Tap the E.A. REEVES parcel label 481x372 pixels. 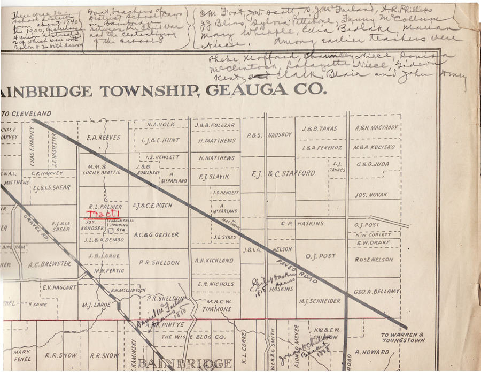click(103, 138)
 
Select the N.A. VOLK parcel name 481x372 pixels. click(160, 125)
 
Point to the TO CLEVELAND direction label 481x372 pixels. click(27, 113)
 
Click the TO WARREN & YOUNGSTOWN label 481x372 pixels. click(402, 337)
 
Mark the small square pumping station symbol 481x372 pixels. click(110, 231)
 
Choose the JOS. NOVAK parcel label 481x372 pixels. click(370, 195)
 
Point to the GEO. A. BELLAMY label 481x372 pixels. click(376, 291)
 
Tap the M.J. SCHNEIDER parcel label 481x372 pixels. click(320, 301)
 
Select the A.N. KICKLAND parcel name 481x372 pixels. click(214, 261)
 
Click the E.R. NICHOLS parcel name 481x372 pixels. click(215, 284)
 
